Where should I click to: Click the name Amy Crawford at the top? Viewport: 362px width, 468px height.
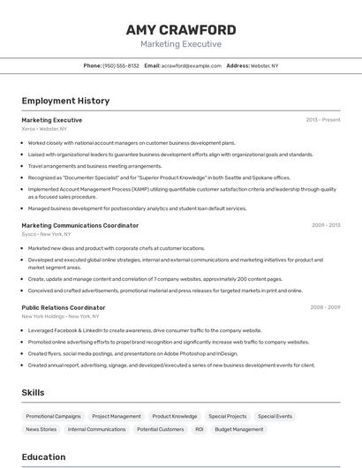tap(181, 29)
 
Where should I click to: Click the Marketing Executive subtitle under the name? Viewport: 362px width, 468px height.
tap(181, 44)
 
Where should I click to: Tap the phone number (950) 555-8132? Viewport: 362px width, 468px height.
tap(121, 65)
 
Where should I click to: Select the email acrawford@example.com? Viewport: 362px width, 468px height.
tap(191, 65)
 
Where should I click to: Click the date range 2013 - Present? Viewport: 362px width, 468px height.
tap(323, 120)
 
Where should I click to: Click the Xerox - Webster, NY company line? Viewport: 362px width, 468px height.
tap(44, 129)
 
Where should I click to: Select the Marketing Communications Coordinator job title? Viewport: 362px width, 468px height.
tap(79, 225)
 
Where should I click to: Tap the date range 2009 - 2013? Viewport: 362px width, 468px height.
tap(326, 225)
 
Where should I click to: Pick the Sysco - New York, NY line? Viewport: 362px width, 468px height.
tap(47, 234)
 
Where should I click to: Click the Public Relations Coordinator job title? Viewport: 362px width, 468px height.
tap(64, 307)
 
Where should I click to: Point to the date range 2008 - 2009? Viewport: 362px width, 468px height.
tap(326, 307)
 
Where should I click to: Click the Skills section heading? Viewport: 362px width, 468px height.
tap(34, 392)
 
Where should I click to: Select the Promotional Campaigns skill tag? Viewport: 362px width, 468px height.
tap(53, 416)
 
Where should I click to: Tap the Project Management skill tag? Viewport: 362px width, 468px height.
tap(117, 416)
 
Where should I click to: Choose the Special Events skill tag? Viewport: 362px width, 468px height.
tap(275, 416)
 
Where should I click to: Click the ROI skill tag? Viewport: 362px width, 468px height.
tap(200, 429)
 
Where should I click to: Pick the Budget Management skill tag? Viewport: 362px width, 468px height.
tap(239, 429)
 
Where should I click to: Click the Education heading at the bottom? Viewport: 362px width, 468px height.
tap(43, 457)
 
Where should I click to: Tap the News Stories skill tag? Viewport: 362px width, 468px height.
tap(41, 429)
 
